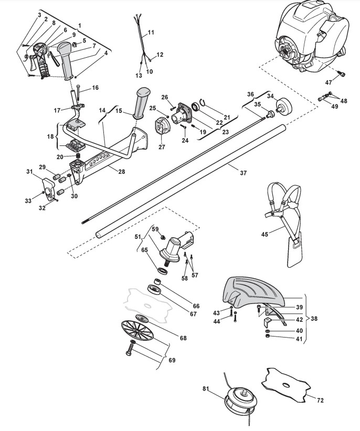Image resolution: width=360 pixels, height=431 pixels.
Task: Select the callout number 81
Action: pos(205,389)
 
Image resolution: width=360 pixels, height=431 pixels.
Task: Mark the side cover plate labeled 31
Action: pos(49,186)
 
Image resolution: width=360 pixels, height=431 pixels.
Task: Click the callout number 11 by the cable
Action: pos(151,33)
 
